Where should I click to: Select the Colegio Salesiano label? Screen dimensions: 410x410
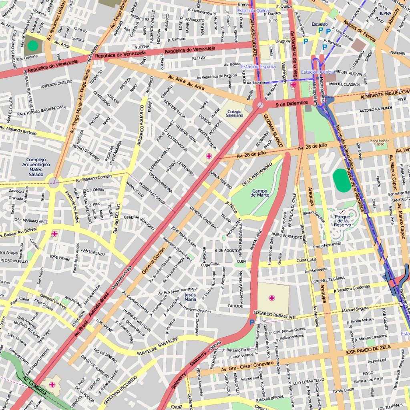234,113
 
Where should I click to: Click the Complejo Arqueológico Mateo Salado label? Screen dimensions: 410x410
36,167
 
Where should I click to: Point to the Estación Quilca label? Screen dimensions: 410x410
253,11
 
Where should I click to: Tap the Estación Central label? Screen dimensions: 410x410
318,72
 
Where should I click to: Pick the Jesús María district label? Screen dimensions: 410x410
191,297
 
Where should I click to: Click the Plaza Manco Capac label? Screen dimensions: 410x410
379,143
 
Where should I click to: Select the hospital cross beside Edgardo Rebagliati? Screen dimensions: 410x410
272,298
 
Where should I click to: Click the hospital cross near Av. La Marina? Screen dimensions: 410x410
52,384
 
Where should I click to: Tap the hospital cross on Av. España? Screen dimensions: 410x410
293,84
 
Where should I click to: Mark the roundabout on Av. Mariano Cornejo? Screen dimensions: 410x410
53,183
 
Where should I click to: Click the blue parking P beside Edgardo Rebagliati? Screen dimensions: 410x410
252,323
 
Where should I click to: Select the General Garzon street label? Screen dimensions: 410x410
153,260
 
